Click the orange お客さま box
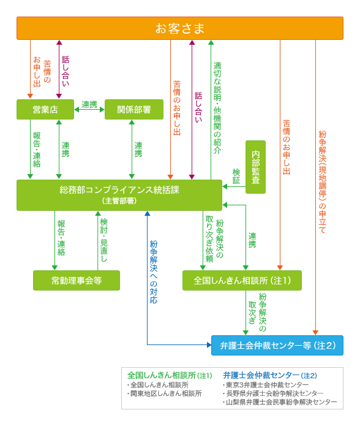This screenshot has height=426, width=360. pyautogui.click(x=179, y=28)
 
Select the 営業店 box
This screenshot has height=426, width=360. pyautogui.click(x=45, y=109)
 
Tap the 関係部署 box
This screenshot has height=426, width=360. pyautogui.click(x=133, y=109)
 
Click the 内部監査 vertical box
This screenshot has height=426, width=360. pyautogui.click(x=255, y=167)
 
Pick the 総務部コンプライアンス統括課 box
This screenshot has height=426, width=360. pyautogui.click(x=119, y=194)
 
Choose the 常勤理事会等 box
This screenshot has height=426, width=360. pyautogui.click(x=76, y=280)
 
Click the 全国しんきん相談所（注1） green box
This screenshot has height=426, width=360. pyautogui.click(x=242, y=280)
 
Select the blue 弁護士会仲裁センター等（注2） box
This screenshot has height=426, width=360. pyautogui.click(x=277, y=345)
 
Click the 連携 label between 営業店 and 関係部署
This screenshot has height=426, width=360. pyautogui.click(x=89, y=104)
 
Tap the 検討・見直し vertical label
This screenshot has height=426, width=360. pyautogui.click(x=103, y=240)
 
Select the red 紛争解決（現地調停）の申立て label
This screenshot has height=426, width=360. pyautogui.click(x=323, y=181)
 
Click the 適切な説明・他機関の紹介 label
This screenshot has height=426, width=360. pyautogui.click(x=217, y=107)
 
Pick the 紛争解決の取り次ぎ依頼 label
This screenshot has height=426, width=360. pyautogui.click(x=214, y=240)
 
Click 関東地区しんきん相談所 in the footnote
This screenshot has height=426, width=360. pyautogui.click(x=165, y=394)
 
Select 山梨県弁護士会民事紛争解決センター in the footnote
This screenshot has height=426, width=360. pyautogui.click(x=281, y=402)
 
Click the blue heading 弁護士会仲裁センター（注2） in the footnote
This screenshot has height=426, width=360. pyautogui.click(x=269, y=375)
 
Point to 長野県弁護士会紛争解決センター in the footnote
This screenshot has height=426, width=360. pyautogui.click(x=274, y=394)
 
